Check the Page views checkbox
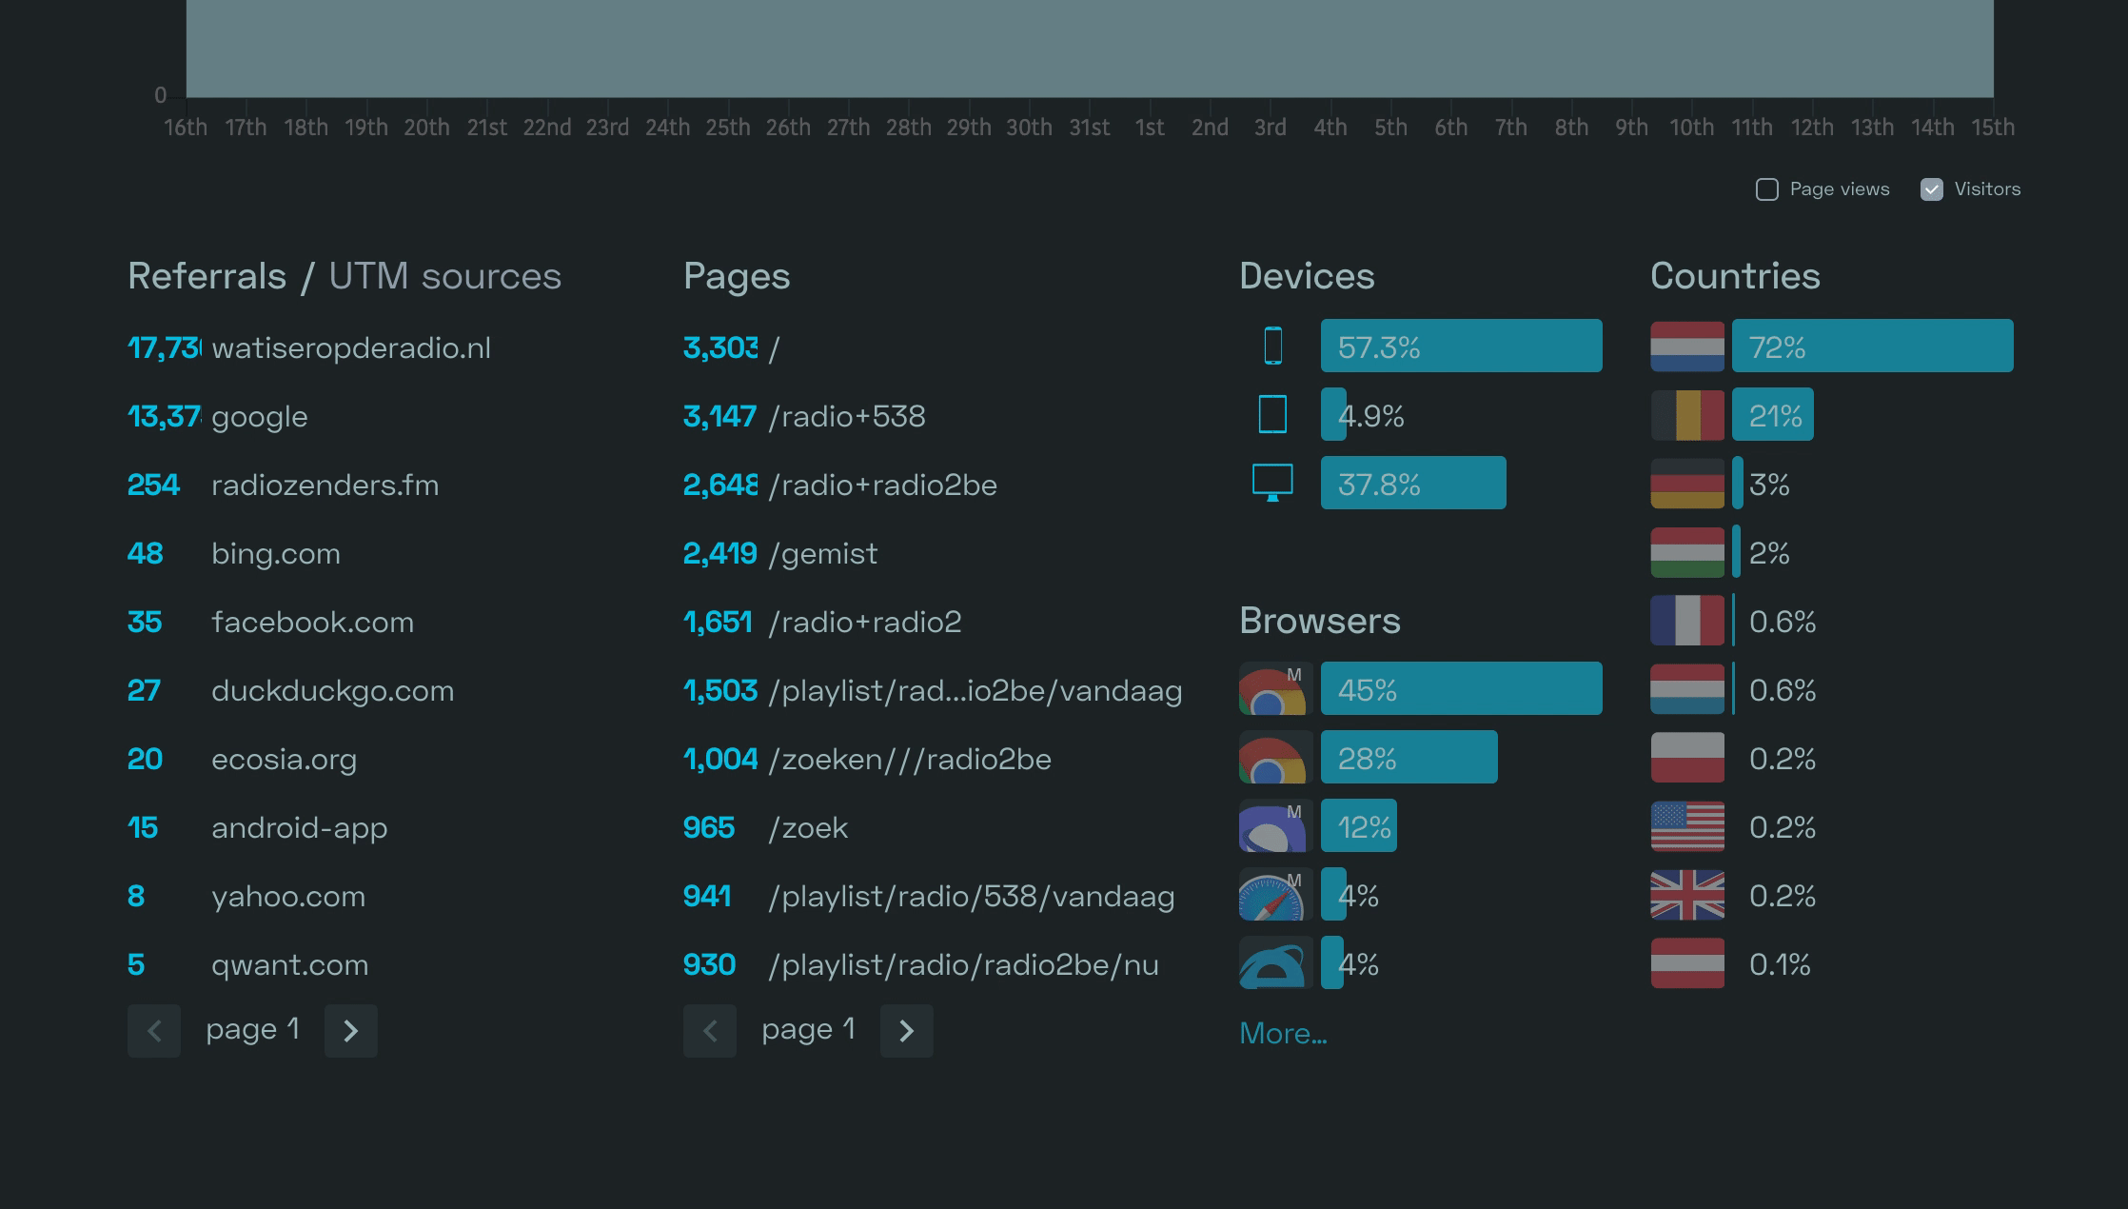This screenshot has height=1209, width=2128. [x=1767, y=189]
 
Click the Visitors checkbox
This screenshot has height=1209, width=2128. [x=1931, y=189]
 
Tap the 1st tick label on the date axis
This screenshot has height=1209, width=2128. [x=1150, y=128]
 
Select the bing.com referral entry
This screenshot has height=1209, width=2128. [x=275, y=553]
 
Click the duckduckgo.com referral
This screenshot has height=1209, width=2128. [x=332, y=690]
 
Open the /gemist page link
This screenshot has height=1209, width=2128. [x=823, y=553]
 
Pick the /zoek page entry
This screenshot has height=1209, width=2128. [x=808, y=827]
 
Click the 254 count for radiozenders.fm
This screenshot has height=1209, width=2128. [x=153, y=485]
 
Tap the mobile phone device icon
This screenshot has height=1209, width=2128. [x=1272, y=346]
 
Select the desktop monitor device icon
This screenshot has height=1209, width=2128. [x=1272, y=482]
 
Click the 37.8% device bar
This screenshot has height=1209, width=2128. [x=1413, y=483]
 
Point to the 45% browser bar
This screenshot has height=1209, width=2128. [x=1461, y=688]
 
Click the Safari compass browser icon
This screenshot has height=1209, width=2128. [x=1272, y=896]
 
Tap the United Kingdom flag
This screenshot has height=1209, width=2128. [x=1687, y=896]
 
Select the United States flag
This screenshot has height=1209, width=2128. [x=1687, y=826]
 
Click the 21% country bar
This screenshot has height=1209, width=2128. [x=1772, y=414]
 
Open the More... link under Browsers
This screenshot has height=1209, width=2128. [x=1282, y=1033]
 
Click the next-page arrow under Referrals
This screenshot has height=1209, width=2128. [x=350, y=1031]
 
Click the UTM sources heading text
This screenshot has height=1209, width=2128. [x=444, y=276]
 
